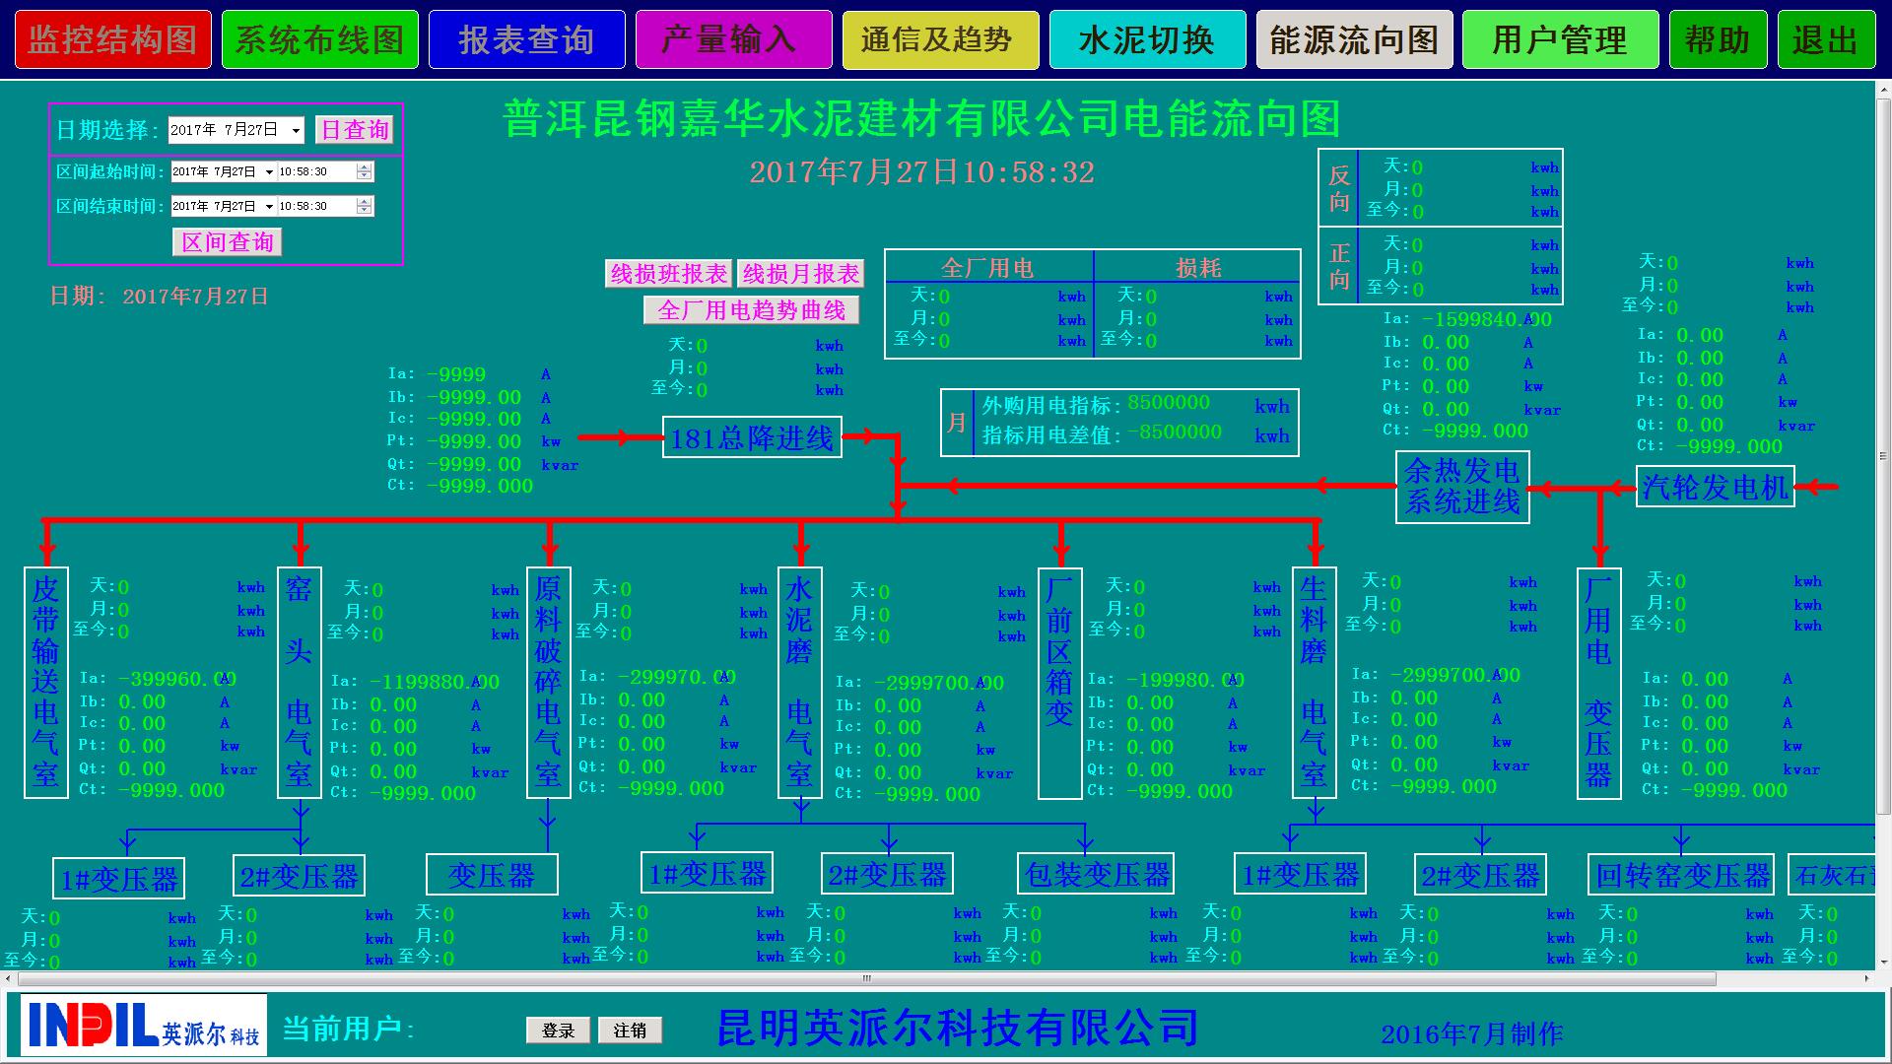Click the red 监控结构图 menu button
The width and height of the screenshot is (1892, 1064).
click(x=112, y=40)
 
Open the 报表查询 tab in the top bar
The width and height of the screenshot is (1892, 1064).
click(x=526, y=40)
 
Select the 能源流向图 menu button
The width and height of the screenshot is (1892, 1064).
click(x=1354, y=40)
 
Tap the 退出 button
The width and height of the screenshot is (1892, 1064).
click(x=1825, y=40)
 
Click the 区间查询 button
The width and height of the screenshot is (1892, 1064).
click(x=228, y=242)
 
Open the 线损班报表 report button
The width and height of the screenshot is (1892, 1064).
click(x=669, y=274)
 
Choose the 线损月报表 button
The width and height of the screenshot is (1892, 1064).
click(x=801, y=274)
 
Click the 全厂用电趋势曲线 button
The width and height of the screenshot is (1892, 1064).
click(x=752, y=310)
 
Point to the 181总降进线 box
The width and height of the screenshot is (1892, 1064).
click(x=752, y=438)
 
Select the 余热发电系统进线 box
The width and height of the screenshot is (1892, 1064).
click(x=1462, y=487)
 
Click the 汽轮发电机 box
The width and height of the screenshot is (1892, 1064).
click(x=1715, y=487)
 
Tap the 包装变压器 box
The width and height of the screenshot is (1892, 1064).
click(x=1096, y=874)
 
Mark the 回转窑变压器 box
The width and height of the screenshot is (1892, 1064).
click(x=1682, y=875)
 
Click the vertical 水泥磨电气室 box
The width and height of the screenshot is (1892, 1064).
click(x=799, y=682)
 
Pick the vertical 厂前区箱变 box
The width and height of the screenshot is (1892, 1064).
click(x=1059, y=682)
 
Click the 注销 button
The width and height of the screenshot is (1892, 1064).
click(x=630, y=1031)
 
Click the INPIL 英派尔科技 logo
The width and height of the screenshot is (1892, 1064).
click(x=143, y=1026)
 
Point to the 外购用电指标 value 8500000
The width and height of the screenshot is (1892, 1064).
click(x=1169, y=403)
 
